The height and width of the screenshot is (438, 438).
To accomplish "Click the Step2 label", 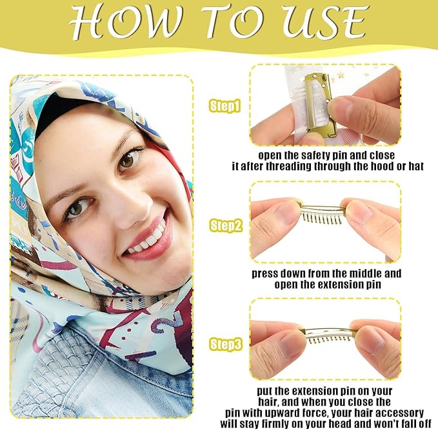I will click(225, 225).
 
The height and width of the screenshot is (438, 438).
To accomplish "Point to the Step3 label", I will click(225, 345).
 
